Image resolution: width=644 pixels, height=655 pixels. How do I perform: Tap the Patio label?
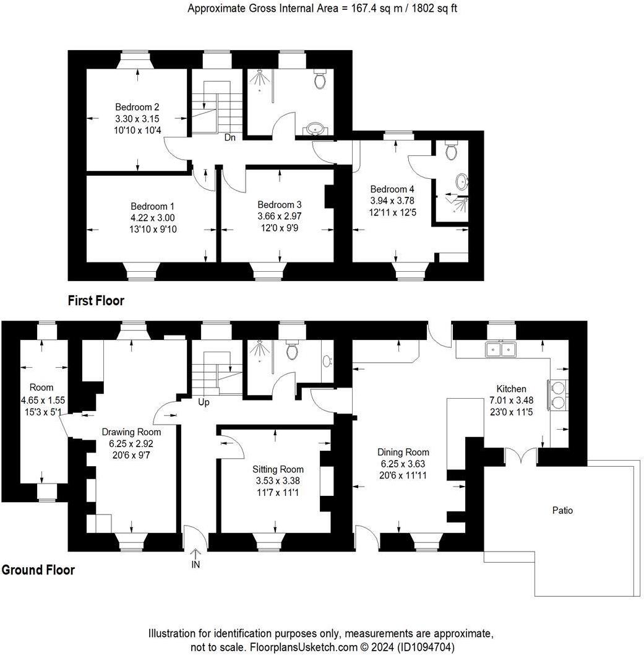(x=562, y=511)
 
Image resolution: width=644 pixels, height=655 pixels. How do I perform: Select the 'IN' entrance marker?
(x=196, y=564)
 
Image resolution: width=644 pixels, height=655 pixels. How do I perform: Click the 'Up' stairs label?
(x=204, y=402)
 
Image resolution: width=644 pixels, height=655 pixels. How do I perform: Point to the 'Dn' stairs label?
(x=230, y=137)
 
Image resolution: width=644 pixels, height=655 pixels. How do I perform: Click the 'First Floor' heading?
(x=96, y=301)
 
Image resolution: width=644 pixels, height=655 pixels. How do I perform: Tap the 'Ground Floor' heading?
(x=38, y=570)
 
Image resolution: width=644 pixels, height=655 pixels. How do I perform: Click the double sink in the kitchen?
(x=501, y=349)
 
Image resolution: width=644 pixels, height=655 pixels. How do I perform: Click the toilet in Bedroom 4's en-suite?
(x=452, y=150)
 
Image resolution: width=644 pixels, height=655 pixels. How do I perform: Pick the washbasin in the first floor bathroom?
(x=317, y=129)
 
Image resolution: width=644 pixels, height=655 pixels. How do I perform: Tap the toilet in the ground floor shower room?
(x=293, y=351)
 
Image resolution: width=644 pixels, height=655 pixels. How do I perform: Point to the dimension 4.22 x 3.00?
(x=152, y=218)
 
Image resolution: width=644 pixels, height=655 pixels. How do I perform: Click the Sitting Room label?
(x=278, y=469)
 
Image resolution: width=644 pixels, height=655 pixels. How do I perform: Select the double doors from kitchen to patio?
(x=521, y=456)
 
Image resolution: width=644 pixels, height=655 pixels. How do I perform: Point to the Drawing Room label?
(x=131, y=432)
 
